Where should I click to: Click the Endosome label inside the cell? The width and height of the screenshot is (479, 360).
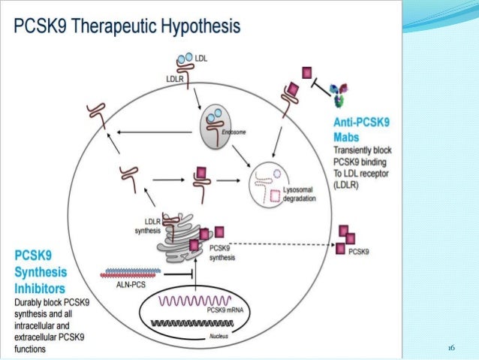235,132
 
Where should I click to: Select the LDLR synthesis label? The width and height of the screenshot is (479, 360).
149,225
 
